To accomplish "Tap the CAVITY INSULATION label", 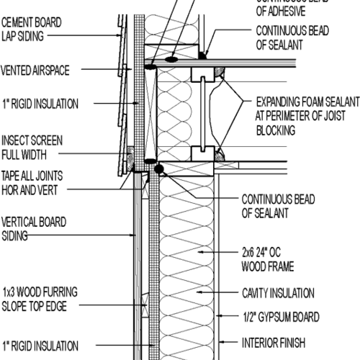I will point(277,294).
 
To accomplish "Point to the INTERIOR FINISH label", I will point(274,343).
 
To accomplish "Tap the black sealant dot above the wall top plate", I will point(159,169).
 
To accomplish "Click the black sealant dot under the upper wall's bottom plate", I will point(204,55).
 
